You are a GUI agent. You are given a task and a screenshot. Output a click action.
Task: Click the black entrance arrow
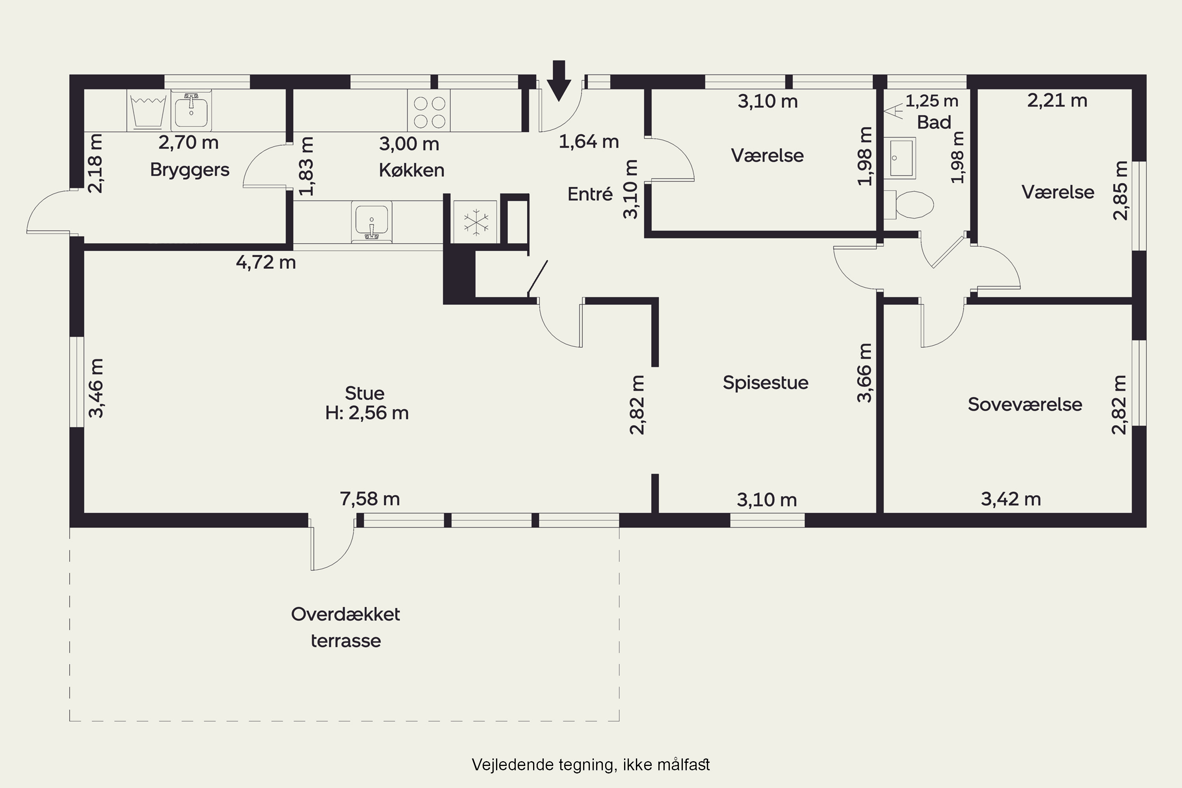coord(559,80)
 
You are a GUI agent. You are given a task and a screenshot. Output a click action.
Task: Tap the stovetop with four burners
coord(429,111)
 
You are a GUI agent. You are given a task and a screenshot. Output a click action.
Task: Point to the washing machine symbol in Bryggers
coord(148,111)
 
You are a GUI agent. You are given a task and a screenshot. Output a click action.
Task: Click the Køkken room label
coord(412,170)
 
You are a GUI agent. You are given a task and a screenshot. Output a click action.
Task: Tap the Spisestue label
coord(766,383)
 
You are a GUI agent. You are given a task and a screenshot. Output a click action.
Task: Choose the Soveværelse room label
coord(1025,405)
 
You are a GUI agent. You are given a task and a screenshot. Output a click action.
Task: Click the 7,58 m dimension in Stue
coord(370,499)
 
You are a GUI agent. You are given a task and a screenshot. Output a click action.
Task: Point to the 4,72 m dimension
coord(266,262)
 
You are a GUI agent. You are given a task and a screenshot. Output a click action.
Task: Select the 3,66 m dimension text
coord(864,373)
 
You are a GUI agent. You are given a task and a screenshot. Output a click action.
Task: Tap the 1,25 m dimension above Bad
coord(932,101)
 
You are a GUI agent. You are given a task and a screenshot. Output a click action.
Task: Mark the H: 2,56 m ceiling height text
coord(367,413)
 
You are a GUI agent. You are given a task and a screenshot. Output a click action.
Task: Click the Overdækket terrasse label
coord(346,627)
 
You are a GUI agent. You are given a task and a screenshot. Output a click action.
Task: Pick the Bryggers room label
coord(190,170)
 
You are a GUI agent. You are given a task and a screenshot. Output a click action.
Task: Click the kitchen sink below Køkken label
coord(372,221)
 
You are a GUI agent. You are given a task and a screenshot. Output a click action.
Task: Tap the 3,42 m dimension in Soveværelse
coord(1011,499)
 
